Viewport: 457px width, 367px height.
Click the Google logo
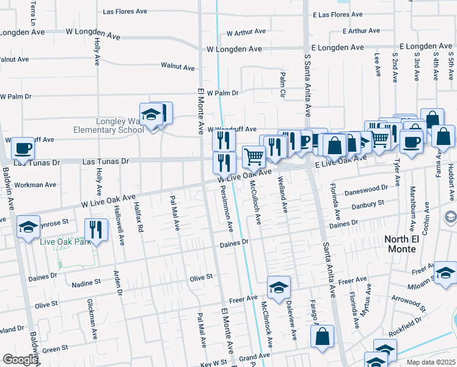point(20,359)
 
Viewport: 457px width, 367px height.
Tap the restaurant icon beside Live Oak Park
point(96,229)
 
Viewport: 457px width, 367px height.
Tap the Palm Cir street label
point(282,84)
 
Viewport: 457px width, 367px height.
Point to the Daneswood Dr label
point(367,191)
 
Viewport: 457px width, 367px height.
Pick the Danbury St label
point(368,206)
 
